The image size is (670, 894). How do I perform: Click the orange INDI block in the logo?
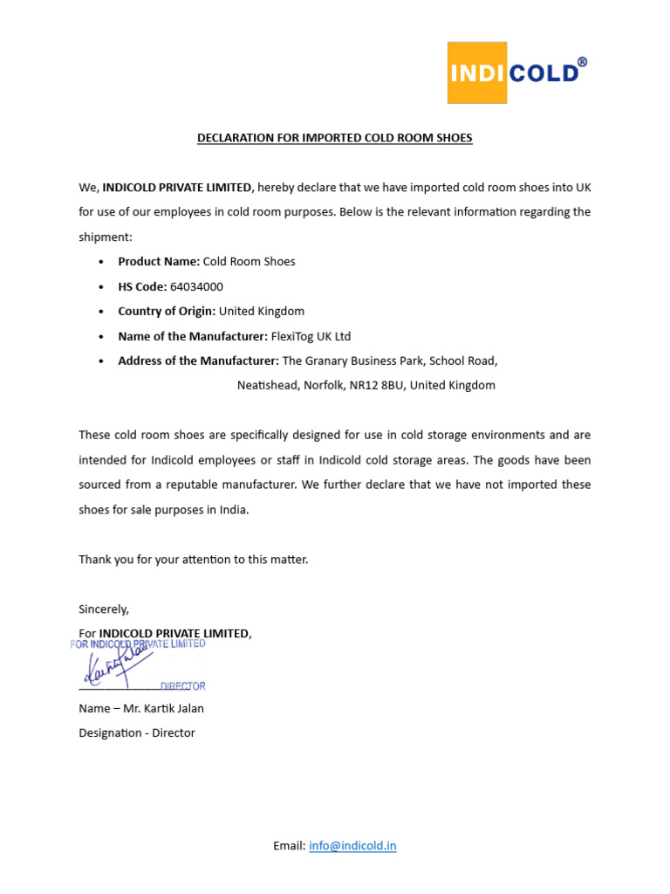(x=477, y=72)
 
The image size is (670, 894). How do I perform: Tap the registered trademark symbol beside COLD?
(x=582, y=62)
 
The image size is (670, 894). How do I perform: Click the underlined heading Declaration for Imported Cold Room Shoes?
(x=334, y=138)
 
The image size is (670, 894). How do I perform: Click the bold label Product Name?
(x=159, y=261)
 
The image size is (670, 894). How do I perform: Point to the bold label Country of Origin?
(x=167, y=311)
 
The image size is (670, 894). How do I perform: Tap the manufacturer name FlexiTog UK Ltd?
(x=311, y=336)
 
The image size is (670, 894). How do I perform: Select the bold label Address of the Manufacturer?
(x=198, y=361)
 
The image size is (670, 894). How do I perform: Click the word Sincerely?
(x=104, y=609)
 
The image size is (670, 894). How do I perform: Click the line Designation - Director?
(x=137, y=732)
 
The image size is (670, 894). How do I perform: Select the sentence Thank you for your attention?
(x=193, y=559)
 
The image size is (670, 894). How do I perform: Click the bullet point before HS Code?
(x=102, y=286)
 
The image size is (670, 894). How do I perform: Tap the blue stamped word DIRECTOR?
(x=183, y=686)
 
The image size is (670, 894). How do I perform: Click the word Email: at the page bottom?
(x=289, y=845)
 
